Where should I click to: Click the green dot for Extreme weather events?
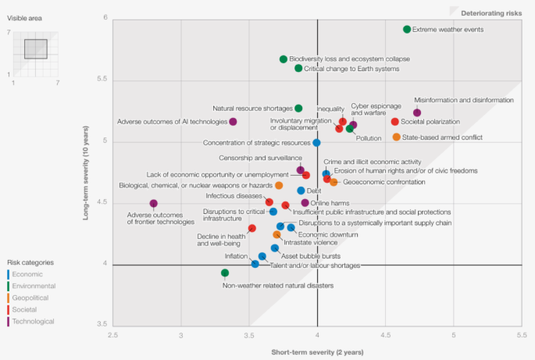(407, 30)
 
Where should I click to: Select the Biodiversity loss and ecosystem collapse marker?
(284, 59)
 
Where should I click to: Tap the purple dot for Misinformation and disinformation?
(417, 113)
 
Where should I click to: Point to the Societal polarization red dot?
(395, 122)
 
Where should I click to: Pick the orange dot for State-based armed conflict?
(397, 137)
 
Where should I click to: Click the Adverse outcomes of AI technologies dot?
(234, 122)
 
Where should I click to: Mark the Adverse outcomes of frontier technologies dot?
(154, 204)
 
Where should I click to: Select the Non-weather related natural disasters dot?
(225, 273)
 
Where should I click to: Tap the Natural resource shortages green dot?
(299, 109)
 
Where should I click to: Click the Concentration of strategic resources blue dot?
(316, 143)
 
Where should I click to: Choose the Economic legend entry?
(27, 274)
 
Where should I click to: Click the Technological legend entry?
(33, 321)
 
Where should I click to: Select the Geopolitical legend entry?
(30, 298)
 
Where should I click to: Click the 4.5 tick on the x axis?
(386, 335)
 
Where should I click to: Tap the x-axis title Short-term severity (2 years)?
(317, 352)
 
